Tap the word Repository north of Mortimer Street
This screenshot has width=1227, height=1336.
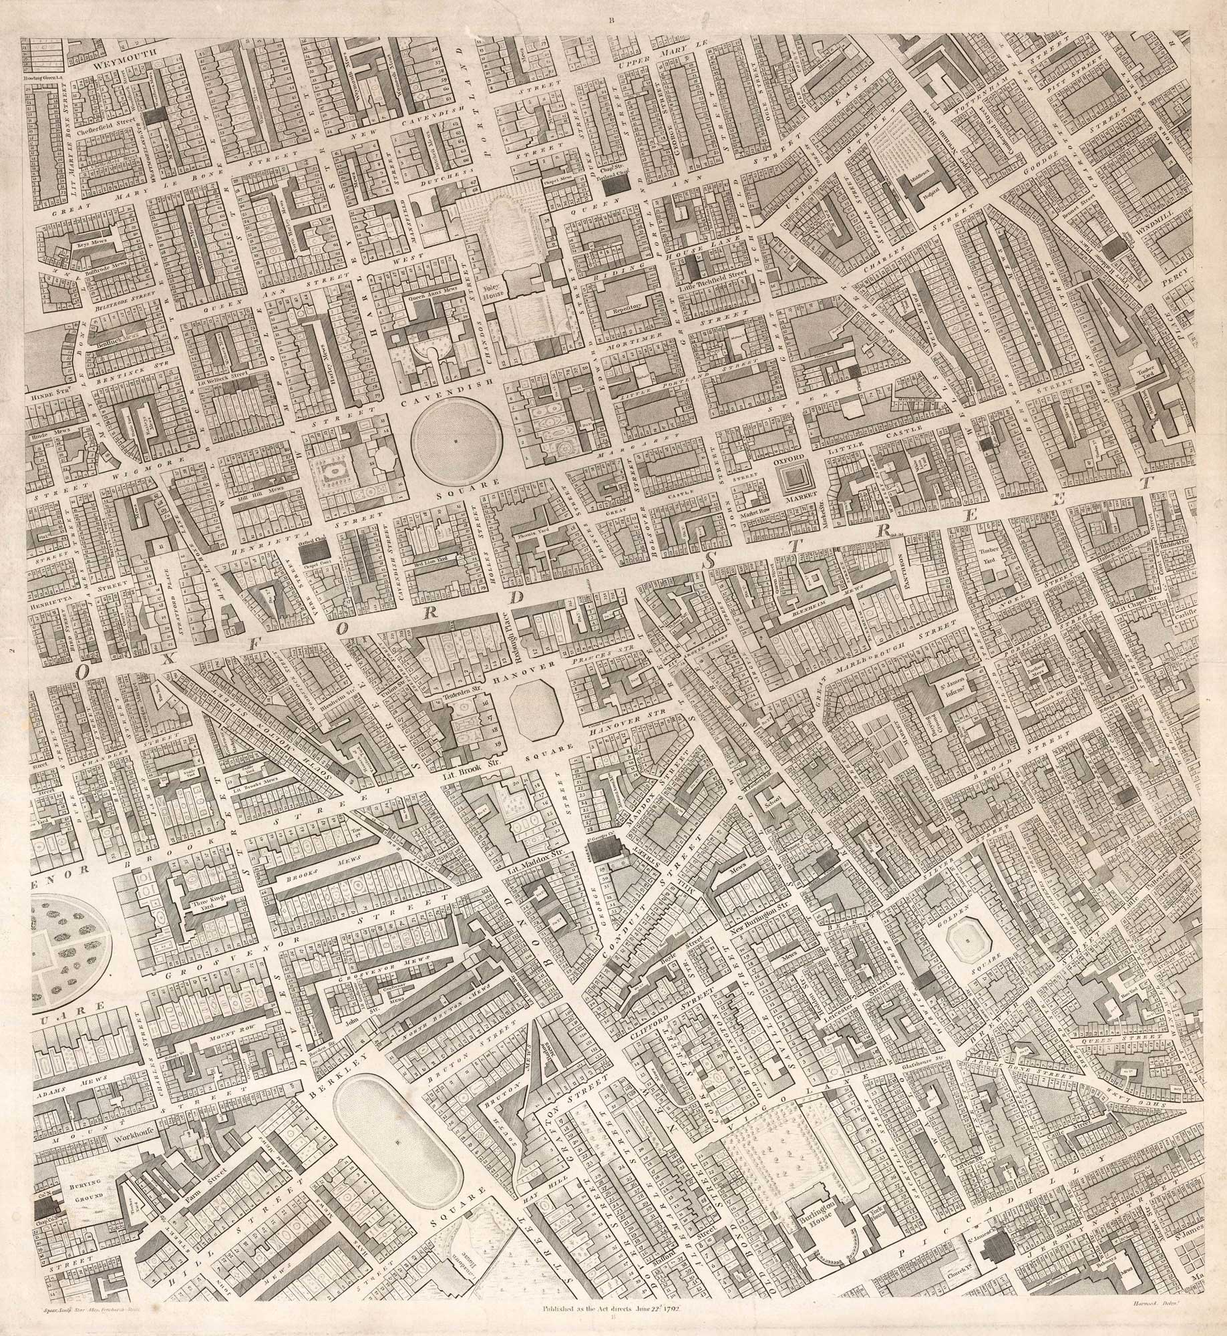coord(623,311)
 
